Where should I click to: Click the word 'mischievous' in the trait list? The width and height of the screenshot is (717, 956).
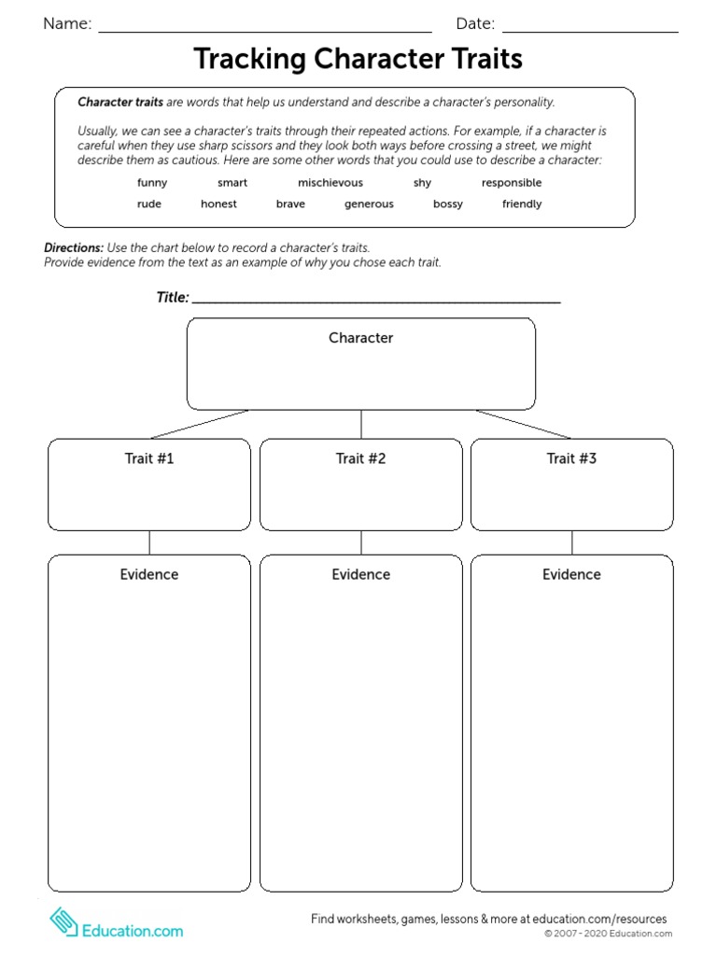click(x=330, y=183)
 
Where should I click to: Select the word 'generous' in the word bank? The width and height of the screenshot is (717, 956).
click(x=369, y=204)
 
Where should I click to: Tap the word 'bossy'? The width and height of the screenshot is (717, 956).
click(x=448, y=204)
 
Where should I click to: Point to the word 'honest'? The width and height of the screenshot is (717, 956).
click(x=218, y=204)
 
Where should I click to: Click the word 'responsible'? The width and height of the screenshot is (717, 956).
click(x=512, y=183)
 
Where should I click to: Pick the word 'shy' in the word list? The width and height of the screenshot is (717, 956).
click(x=422, y=183)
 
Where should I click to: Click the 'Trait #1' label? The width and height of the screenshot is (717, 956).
click(x=149, y=458)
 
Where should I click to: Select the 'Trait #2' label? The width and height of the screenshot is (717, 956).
click(x=360, y=458)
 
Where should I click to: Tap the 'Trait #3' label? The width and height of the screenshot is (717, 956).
click(x=571, y=458)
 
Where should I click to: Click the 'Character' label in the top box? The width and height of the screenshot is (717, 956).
click(x=360, y=338)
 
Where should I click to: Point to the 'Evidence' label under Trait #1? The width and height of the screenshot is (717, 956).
click(x=149, y=574)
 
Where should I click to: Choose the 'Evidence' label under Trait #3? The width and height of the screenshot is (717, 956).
click(x=571, y=574)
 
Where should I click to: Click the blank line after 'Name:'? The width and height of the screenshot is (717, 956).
click(x=265, y=31)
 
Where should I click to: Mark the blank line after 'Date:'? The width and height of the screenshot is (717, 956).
click(x=590, y=31)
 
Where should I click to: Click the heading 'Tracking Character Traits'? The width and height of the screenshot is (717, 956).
click(x=358, y=60)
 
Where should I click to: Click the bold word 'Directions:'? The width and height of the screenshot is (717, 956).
click(x=74, y=248)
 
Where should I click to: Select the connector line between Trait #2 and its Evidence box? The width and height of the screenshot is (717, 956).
click(x=361, y=542)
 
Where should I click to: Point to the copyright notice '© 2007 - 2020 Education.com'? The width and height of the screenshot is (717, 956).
click(x=608, y=934)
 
